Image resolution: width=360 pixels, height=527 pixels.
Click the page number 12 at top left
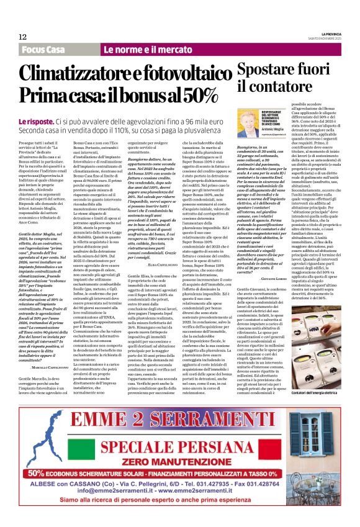[23, 38]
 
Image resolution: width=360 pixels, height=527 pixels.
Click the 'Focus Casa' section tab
[43, 50]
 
